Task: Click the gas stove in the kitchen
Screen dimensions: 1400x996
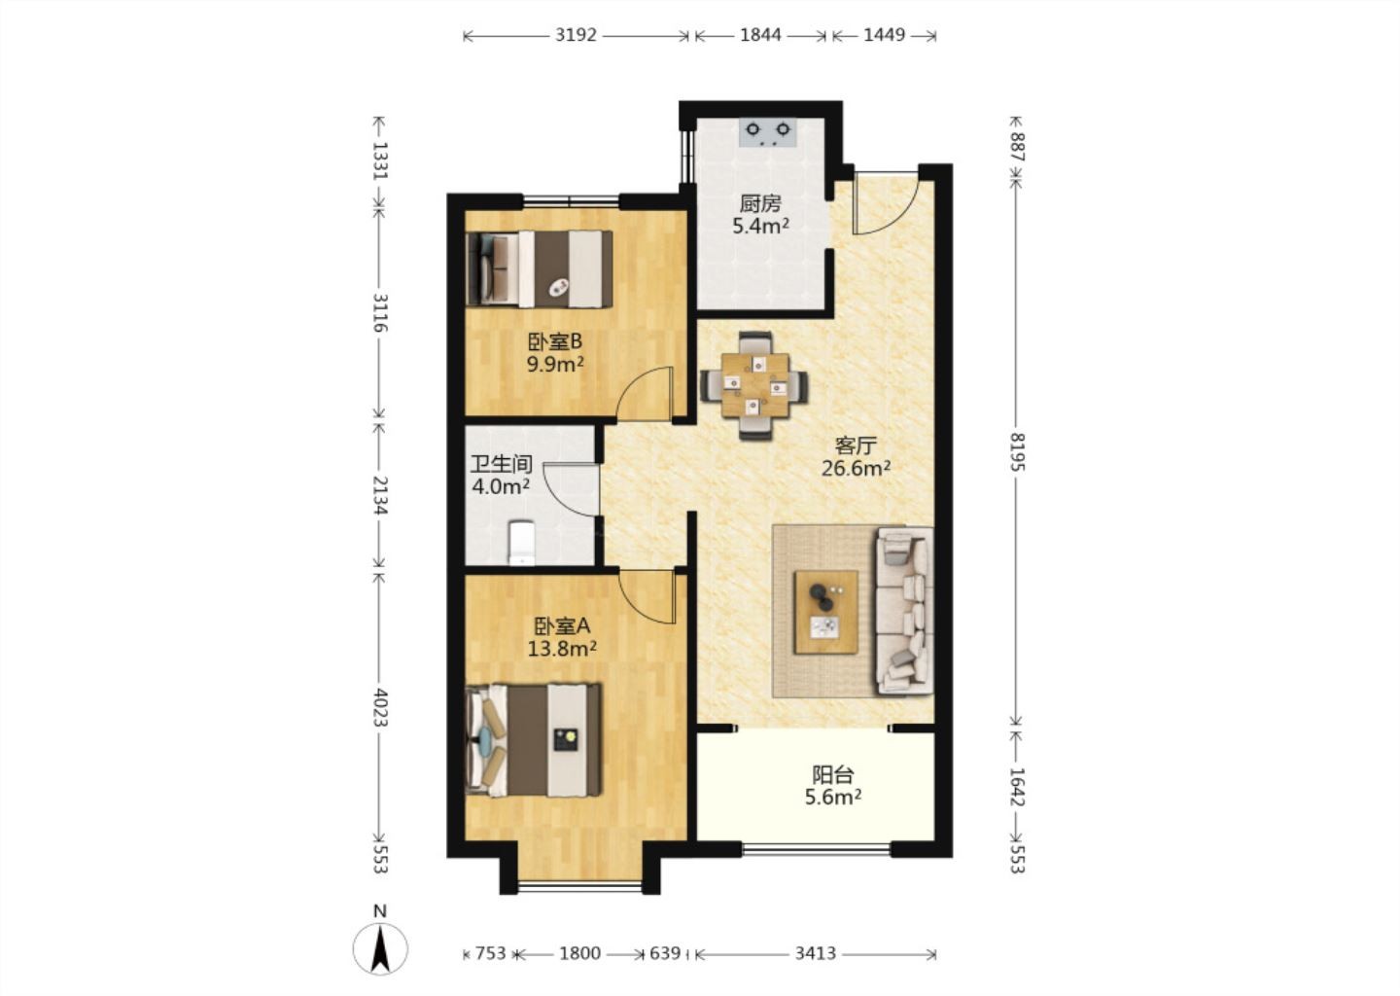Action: click(767, 132)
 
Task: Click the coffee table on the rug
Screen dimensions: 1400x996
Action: click(825, 612)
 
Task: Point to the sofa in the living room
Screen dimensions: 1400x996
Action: click(906, 611)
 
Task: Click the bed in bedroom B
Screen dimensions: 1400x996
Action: click(540, 268)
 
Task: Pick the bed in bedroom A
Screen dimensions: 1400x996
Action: click(534, 739)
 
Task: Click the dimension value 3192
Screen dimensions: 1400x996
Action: click(577, 35)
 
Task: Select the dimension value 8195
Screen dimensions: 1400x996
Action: click(1017, 452)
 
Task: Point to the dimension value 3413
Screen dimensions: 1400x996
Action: click(816, 953)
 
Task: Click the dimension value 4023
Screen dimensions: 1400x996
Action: click(379, 707)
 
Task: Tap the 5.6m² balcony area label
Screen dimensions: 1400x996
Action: click(833, 798)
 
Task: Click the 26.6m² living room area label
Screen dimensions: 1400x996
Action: click(856, 468)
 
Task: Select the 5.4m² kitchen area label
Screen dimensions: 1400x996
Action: click(760, 226)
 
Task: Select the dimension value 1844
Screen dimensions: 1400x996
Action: click(760, 35)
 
